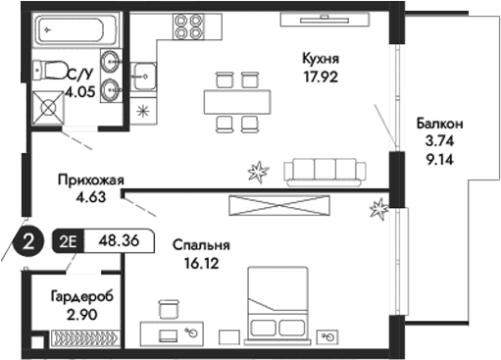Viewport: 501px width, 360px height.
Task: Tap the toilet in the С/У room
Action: point(45,69)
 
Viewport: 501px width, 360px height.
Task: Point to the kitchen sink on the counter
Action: point(145,74)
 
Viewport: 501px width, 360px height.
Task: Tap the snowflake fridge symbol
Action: point(143,109)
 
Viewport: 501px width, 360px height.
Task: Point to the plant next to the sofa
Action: point(258,173)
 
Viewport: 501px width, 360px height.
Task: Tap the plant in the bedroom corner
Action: point(378,208)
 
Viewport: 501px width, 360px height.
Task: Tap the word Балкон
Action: point(438,124)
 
